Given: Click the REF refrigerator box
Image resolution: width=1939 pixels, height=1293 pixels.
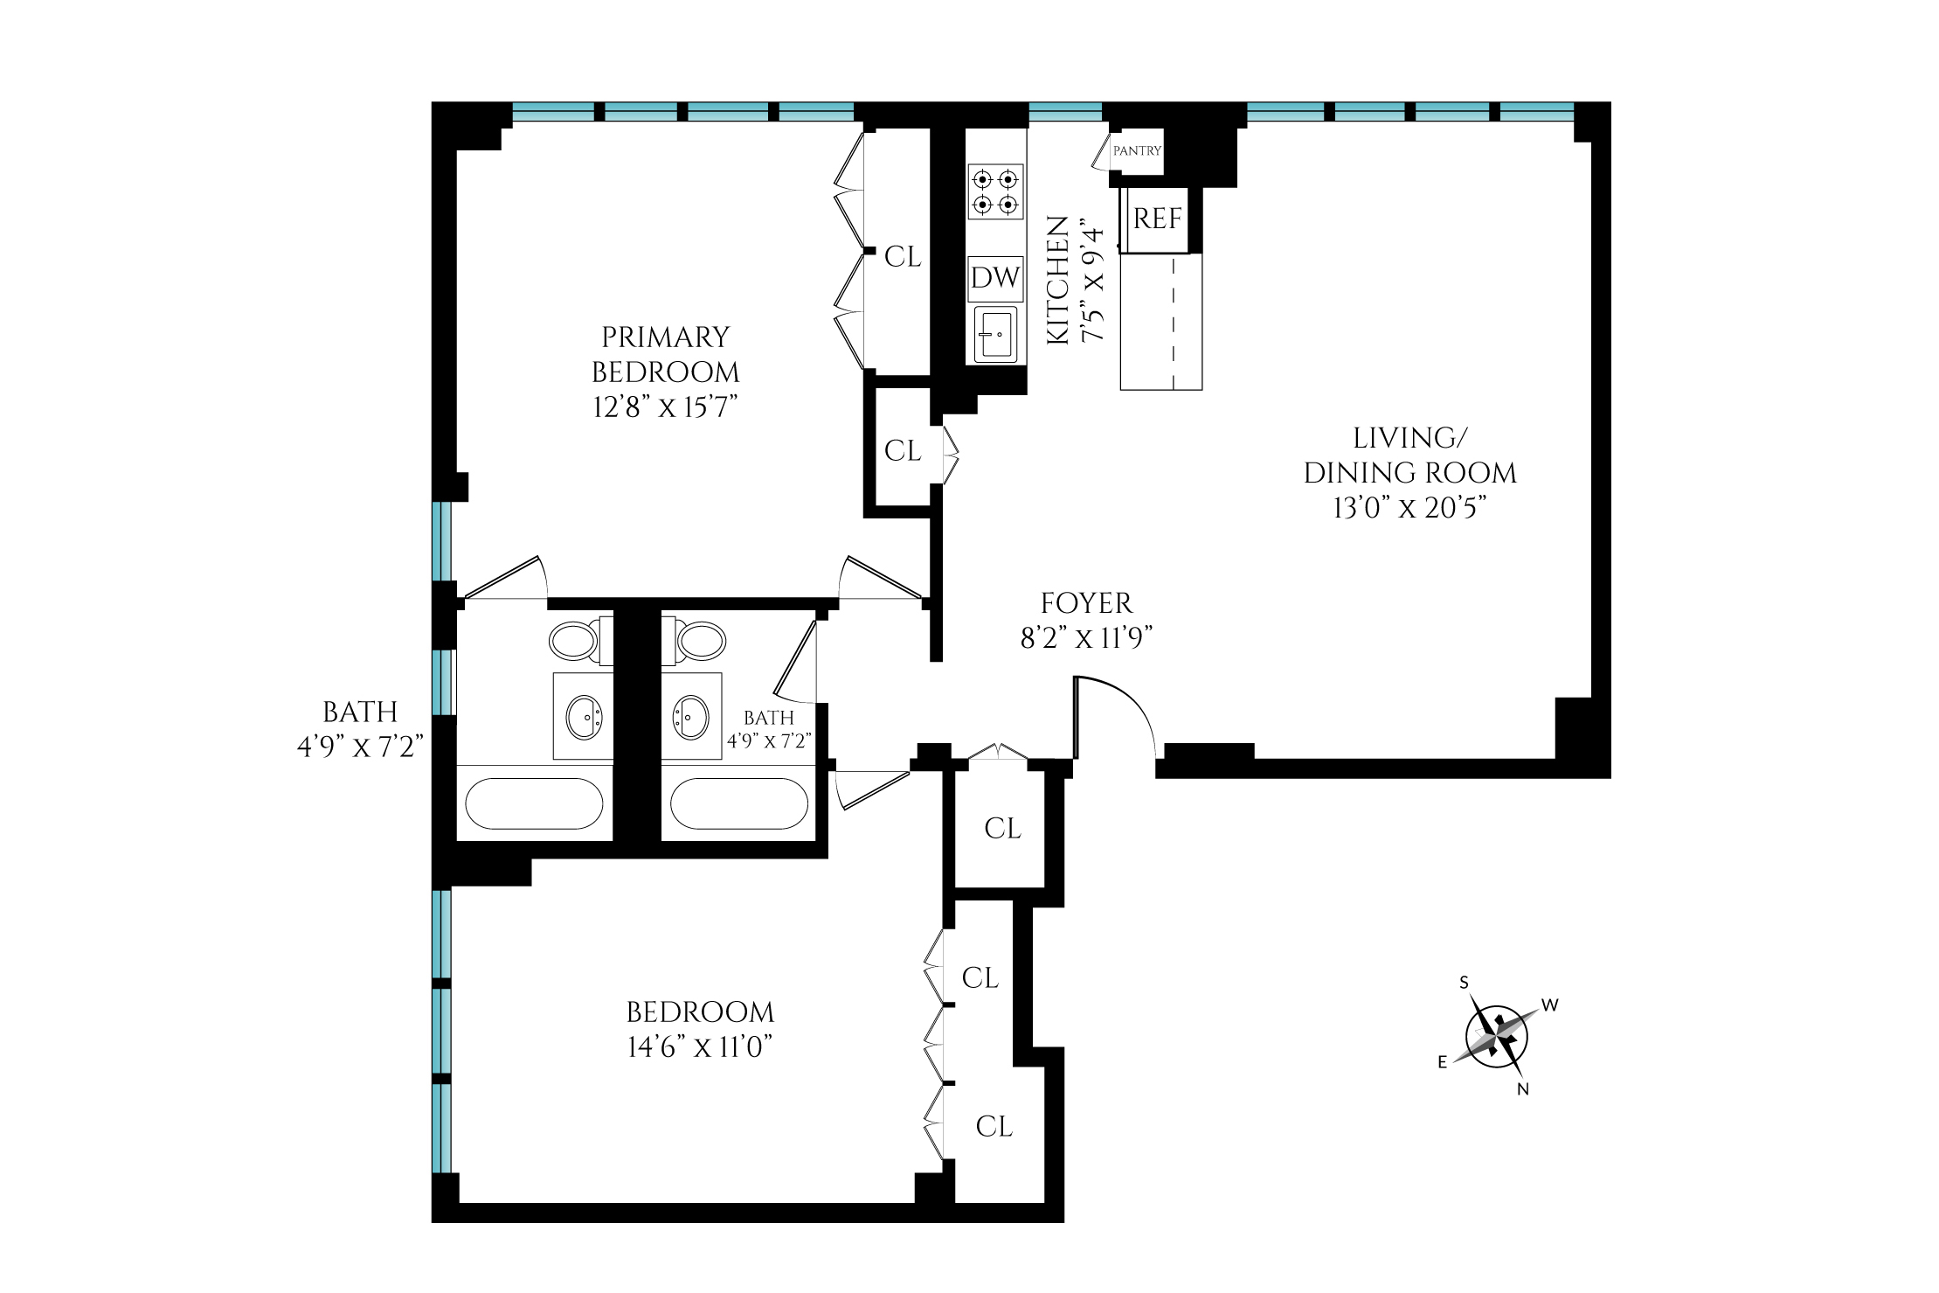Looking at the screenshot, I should (1158, 219).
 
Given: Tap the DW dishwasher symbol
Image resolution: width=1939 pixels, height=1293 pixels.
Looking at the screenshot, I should (995, 278).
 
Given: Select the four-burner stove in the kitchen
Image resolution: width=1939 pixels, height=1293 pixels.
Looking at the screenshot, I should (995, 192).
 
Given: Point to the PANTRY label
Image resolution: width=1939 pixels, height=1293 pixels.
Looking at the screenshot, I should (1137, 151).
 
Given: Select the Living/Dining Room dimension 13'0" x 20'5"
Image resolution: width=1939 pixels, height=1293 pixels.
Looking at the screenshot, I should (1409, 508).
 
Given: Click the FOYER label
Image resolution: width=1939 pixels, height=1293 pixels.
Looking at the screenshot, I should (1086, 603).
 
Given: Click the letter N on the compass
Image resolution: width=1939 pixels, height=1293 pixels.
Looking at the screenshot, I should (1523, 1090).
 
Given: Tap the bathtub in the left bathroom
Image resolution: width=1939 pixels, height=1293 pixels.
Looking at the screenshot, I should (534, 803).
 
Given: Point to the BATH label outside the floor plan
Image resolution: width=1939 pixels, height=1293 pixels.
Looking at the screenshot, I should (360, 713).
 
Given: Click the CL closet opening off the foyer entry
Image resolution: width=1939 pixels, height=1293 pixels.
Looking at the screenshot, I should (1001, 829).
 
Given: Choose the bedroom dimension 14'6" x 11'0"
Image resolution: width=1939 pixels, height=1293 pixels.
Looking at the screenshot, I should (701, 1047).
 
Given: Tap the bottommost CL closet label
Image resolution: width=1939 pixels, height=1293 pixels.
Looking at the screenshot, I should (994, 1127).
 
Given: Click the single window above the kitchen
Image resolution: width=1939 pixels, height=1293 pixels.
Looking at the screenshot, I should (1065, 112).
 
